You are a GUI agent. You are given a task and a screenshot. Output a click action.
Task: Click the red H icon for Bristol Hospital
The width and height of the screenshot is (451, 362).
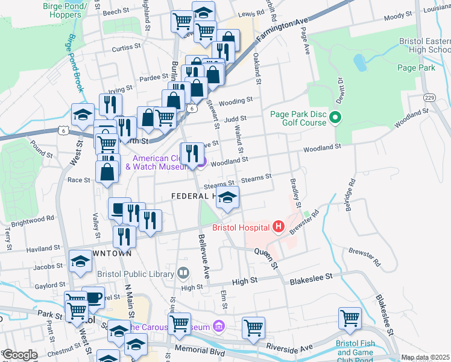pos(278,227)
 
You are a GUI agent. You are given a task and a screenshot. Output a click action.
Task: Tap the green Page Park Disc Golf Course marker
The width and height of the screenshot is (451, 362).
pos(336,118)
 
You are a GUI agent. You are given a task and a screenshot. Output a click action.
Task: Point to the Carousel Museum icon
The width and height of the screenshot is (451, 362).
pos(218,327)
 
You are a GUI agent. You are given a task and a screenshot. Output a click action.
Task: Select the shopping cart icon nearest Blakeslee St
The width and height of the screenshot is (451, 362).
pos(350,317)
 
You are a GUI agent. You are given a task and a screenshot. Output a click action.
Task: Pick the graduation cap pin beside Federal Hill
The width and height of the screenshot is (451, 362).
pos(227,197)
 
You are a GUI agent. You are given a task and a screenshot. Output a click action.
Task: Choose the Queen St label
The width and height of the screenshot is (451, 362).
pos(265,258)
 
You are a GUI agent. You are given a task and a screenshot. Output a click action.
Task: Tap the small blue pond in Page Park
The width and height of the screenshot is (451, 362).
pos(359,62)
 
